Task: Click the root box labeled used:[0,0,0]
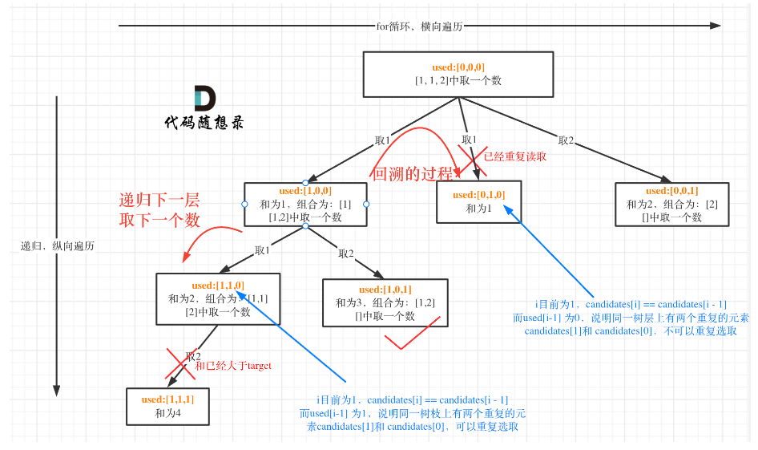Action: (458, 75)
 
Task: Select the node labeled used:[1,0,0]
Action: (305, 204)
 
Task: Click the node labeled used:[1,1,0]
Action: (218, 298)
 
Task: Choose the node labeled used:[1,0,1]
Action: (385, 302)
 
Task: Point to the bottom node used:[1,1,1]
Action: (167, 406)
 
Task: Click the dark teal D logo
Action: (204, 99)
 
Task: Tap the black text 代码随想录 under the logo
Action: (204, 123)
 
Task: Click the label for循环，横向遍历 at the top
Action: (419, 26)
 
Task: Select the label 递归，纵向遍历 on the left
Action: (57, 246)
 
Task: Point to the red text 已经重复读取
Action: (516, 156)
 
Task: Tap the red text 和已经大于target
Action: (233, 365)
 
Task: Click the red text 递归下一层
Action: (159, 201)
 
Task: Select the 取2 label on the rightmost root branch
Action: (566, 141)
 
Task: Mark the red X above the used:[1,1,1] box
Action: (180, 363)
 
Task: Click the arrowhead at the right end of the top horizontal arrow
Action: (715, 26)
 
